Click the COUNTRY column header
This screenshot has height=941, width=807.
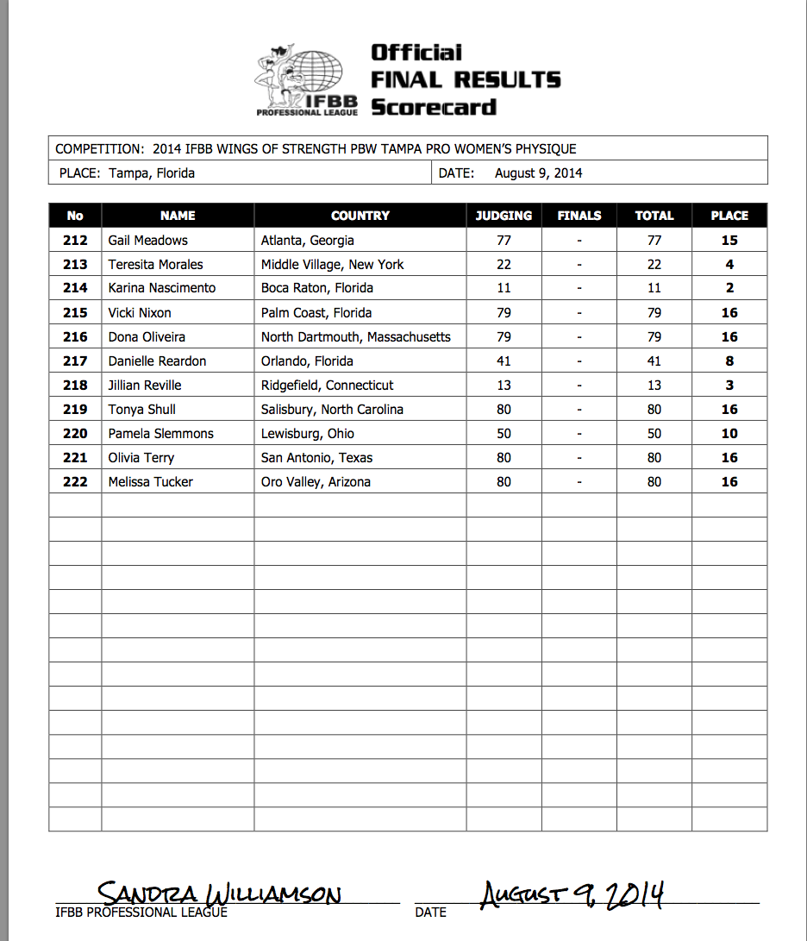coord(360,216)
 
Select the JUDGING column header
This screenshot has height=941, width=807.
coord(504,216)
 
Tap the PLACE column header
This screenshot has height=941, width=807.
coord(729,216)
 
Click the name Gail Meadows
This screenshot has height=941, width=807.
coord(147,241)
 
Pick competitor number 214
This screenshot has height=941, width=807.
coord(75,288)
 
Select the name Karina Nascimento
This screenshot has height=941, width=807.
coord(162,288)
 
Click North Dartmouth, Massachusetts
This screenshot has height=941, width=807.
coord(356,336)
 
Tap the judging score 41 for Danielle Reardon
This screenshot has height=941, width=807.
coord(504,361)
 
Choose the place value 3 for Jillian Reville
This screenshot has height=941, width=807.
coord(729,385)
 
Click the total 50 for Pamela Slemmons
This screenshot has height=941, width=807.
coord(654,433)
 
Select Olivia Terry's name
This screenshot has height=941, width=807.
coord(141,457)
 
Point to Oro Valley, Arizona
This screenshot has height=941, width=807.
coord(316,481)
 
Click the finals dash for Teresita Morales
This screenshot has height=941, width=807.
coord(579,265)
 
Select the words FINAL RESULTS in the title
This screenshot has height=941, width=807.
coord(466,80)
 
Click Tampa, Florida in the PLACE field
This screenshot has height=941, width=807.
coord(152,173)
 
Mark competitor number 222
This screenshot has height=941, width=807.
coord(75,481)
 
